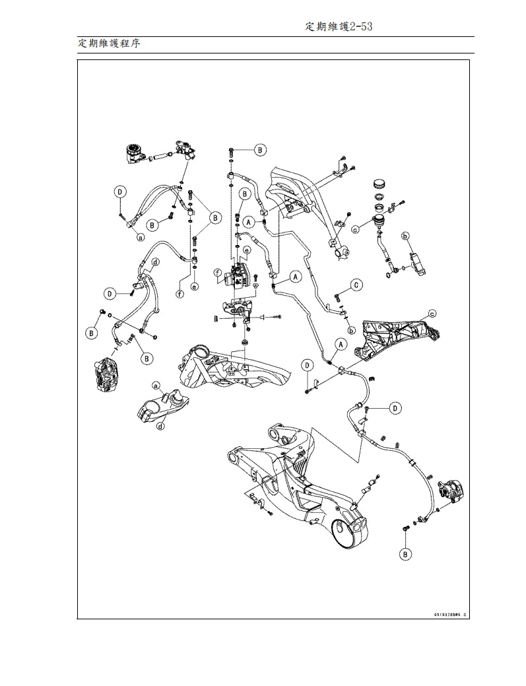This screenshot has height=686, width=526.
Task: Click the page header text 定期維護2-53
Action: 341,26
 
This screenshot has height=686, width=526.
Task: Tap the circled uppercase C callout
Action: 356,285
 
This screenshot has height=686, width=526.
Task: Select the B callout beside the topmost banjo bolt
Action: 260,151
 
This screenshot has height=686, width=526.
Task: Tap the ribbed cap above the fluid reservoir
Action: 379,183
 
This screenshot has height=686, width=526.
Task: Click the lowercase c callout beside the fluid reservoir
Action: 356,230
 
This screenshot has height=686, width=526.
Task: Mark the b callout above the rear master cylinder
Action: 407,236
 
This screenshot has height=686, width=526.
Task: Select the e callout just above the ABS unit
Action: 246,250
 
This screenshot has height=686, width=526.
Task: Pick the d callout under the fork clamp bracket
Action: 160,427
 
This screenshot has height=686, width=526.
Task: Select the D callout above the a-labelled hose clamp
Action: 119,192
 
